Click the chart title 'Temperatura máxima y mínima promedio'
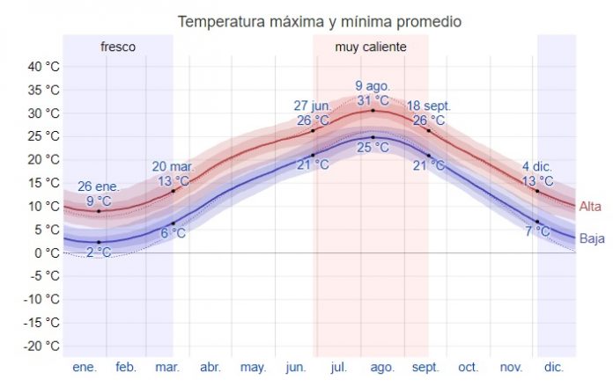point(319,20)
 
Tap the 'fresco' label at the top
point(118,47)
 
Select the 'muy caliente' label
point(371,47)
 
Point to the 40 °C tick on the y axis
point(42,67)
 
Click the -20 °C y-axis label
point(41,346)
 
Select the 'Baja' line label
point(591,237)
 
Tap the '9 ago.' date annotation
point(373,85)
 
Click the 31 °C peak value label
point(373,99)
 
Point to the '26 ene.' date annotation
point(98,186)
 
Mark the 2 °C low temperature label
point(98,252)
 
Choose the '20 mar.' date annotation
point(172,166)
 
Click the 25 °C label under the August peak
point(373,148)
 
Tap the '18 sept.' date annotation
point(429,106)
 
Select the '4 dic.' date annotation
point(537,166)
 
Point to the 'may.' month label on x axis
point(254,367)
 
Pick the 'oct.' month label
point(468,367)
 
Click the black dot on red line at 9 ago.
point(373,110)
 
